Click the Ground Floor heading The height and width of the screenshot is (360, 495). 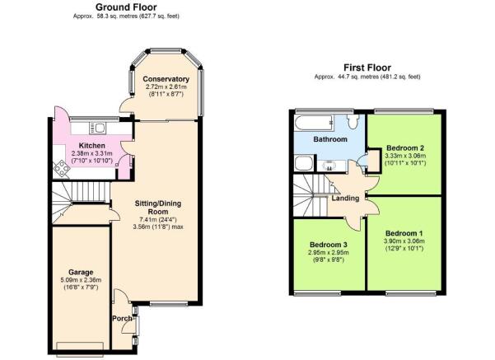pyautogui.click(x=126, y=7)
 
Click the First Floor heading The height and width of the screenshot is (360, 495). pyautogui.click(x=367, y=68)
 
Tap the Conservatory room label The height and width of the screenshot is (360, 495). pyautogui.click(x=166, y=79)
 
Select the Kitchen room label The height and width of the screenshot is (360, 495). pyautogui.click(x=92, y=146)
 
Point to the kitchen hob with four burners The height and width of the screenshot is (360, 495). pyautogui.click(x=62, y=168)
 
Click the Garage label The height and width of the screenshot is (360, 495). pyautogui.click(x=81, y=272)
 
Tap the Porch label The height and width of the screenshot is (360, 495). pyautogui.click(x=122, y=319)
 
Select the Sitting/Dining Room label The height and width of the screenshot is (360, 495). pyautogui.click(x=158, y=208)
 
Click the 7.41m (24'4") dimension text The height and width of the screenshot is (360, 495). pyautogui.click(x=158, y=219)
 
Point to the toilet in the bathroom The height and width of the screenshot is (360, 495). pyautogui.click(x=353, y=120)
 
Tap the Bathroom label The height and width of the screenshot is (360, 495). pyautogui.click(x=330, y=139)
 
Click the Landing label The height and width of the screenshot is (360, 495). pyautogui.click(x=345, y=199)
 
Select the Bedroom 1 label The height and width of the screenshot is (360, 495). pyautogui.click(x=404, y=233)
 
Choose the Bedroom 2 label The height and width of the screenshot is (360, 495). pyautogui.click(x=405, y=147)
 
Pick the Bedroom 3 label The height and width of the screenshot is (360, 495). pyautogui.click(x=329, y=245)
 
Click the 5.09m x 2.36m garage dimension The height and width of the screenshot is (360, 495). pyautogui.click(x=81, y=280)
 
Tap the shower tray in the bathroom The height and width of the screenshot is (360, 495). pyautogui.click(x=304, y=163)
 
